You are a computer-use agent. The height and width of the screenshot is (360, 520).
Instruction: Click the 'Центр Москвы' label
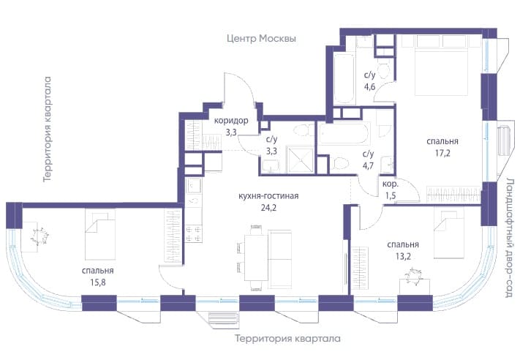tap(261, 39)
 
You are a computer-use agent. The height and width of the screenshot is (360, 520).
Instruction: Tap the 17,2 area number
tap(442, 153)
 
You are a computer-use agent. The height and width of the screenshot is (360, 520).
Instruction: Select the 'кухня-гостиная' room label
tap(268, 196)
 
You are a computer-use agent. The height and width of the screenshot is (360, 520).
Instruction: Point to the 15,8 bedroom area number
tap(97, 282)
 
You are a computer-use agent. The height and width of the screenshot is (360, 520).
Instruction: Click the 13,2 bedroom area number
tap(403, 257)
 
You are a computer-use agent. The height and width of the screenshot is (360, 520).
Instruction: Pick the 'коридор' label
tap(231, 121)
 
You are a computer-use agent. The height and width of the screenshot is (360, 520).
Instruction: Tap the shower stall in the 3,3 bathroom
tap(300, 160)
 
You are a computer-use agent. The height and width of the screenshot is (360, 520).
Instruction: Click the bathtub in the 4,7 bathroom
tap(344, 132)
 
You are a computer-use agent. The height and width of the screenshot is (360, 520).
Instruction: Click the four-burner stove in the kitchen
tap(193, 234)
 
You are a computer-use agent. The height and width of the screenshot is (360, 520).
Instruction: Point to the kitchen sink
tap(194, 185)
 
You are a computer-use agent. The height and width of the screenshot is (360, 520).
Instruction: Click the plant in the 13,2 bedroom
tap(414, 276)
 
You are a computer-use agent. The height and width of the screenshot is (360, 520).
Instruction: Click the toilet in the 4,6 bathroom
tap(385, 70)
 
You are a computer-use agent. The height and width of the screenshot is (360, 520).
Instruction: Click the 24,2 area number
tap(268, 208)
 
